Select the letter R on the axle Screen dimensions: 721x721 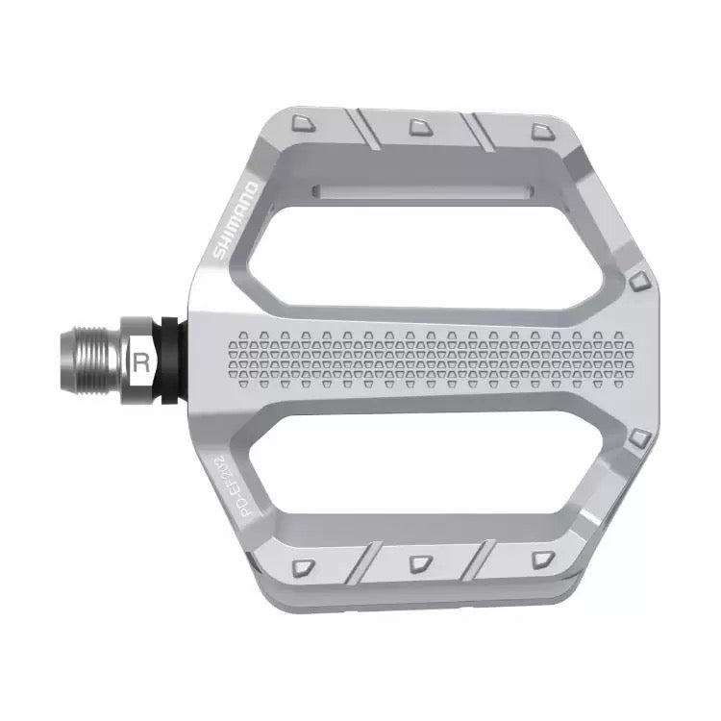click(142, 363)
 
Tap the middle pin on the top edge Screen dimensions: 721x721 click(419, 125)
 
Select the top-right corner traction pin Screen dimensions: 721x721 click(537, 128)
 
